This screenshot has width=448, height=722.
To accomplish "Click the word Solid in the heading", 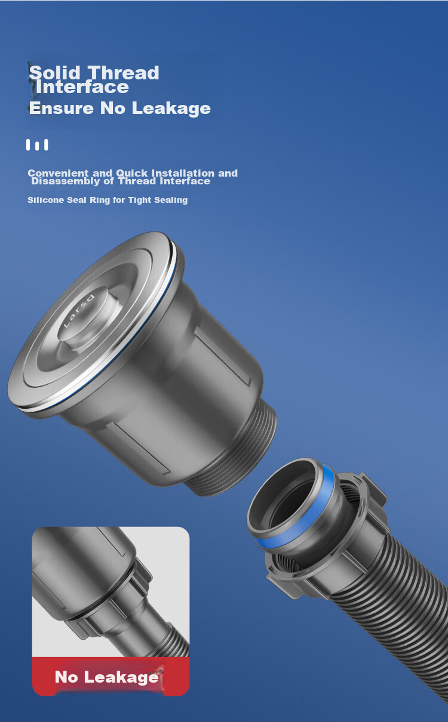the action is point(54,73).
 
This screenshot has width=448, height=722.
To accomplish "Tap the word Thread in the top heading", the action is point(124,73).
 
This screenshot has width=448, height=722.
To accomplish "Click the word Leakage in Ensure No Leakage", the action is point(171,109).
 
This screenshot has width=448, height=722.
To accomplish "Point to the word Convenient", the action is point(58,173).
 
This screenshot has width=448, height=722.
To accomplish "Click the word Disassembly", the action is point(66,181).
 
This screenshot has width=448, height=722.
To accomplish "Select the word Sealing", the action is point(171,200).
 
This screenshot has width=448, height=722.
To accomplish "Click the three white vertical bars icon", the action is point(37,145).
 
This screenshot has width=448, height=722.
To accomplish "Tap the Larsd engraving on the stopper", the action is point(79,310).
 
